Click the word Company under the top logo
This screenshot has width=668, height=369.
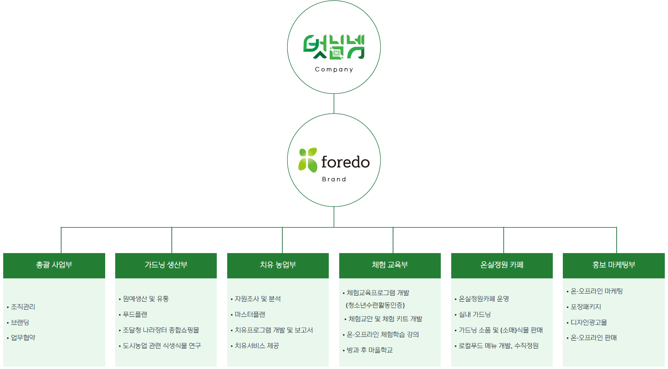click(x=334, y=69)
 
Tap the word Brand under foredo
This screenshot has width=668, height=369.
click(x=334, y=179)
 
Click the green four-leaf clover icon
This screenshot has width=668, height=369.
click(x=308, y=160)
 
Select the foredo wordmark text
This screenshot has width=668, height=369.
click(x=345, y=162)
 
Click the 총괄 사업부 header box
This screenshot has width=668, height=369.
click(x=54, y=265)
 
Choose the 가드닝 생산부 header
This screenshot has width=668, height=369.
click(x=166, y=265)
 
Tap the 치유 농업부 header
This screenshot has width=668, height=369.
click(x=278, y=265)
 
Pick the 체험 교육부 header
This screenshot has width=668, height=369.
click(x=390, y=265)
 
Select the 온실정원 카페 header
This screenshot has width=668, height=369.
click(x=502, y=265)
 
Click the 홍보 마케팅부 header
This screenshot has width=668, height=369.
click(x=614, y=265)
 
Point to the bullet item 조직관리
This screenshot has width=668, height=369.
click(x=23, y=307)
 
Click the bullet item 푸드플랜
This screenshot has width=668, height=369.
click(x=135, y=314)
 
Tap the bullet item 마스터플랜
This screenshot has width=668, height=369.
click(x=250, y=314)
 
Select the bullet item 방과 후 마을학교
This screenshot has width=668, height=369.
click(x=370, y=350)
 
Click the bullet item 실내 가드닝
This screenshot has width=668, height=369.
click(x=475, y=314)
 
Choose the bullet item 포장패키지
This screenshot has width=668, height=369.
click(x=586, y=307)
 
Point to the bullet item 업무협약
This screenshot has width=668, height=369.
click(x=23, y=338)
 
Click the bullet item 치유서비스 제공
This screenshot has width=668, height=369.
click(x=257, y=346)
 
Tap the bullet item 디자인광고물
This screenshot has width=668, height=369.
click(x=589, y=322)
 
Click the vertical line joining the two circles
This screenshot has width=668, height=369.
click(x=334, y=103)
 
